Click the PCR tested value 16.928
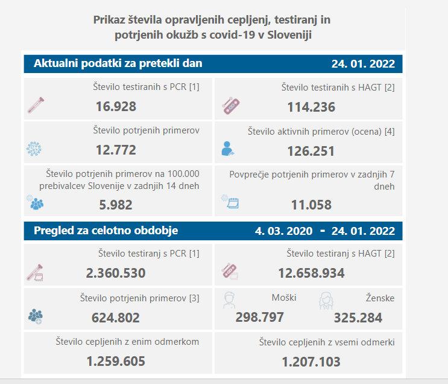[x=116, y=107]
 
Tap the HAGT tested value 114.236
[x=311, y=107]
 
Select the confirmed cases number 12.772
[x=116, y=150]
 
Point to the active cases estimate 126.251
[x=311, y=151]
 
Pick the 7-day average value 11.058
[x=311, y=205]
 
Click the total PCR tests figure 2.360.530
[x=116, y=273]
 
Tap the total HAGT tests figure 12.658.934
[x=311, y=273]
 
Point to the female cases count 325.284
[x=358, y=318]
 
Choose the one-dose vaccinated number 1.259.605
[x=115, y=362]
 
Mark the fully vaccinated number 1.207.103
[x=311, y=362]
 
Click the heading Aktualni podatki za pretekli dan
[x=118, y=63]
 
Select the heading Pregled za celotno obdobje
[x=106, y=231]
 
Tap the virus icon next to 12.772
[x=36, y=149]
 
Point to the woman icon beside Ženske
[x=326, y=299]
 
